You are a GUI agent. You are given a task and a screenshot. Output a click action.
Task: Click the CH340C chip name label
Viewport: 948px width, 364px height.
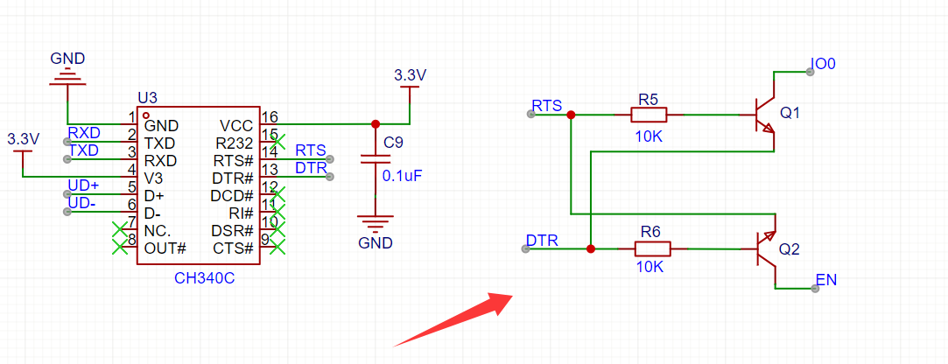204,277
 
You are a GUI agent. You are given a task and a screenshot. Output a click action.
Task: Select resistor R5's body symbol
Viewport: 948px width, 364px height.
649,115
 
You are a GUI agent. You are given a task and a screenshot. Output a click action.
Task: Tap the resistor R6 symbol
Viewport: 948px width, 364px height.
650,249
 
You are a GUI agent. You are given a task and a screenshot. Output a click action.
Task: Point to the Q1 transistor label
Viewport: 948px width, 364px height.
790,114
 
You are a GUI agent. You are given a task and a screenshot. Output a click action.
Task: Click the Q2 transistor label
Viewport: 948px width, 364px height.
789,249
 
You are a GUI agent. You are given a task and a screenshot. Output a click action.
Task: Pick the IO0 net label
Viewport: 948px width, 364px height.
824,65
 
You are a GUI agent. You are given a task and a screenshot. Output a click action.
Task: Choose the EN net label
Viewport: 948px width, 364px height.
825,281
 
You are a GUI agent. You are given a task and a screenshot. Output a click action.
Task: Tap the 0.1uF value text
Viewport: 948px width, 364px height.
403,176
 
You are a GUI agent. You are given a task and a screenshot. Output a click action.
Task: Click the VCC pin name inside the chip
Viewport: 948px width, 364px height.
235,125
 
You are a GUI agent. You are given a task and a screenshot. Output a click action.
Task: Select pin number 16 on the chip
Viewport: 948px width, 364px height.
270,117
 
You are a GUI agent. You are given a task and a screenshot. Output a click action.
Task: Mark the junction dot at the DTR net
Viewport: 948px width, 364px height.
591,249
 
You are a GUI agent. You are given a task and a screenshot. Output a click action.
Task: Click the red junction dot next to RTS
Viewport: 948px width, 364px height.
571,115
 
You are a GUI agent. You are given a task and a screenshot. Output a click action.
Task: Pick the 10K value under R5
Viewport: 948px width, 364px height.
649,136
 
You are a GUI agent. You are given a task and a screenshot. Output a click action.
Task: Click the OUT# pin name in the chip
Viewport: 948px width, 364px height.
165,248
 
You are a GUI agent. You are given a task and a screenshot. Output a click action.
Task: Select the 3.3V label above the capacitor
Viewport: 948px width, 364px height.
410,75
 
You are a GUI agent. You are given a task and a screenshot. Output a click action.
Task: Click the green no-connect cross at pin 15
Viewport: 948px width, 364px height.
277,139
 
